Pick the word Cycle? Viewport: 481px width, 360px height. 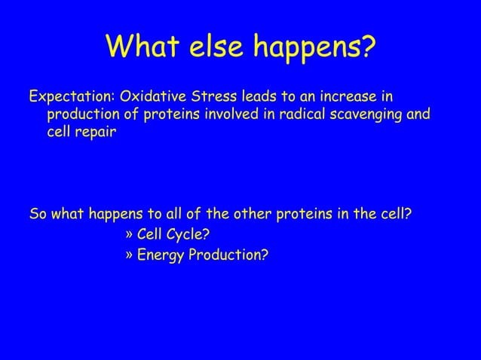187,233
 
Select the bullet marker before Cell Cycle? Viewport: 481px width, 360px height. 127,233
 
